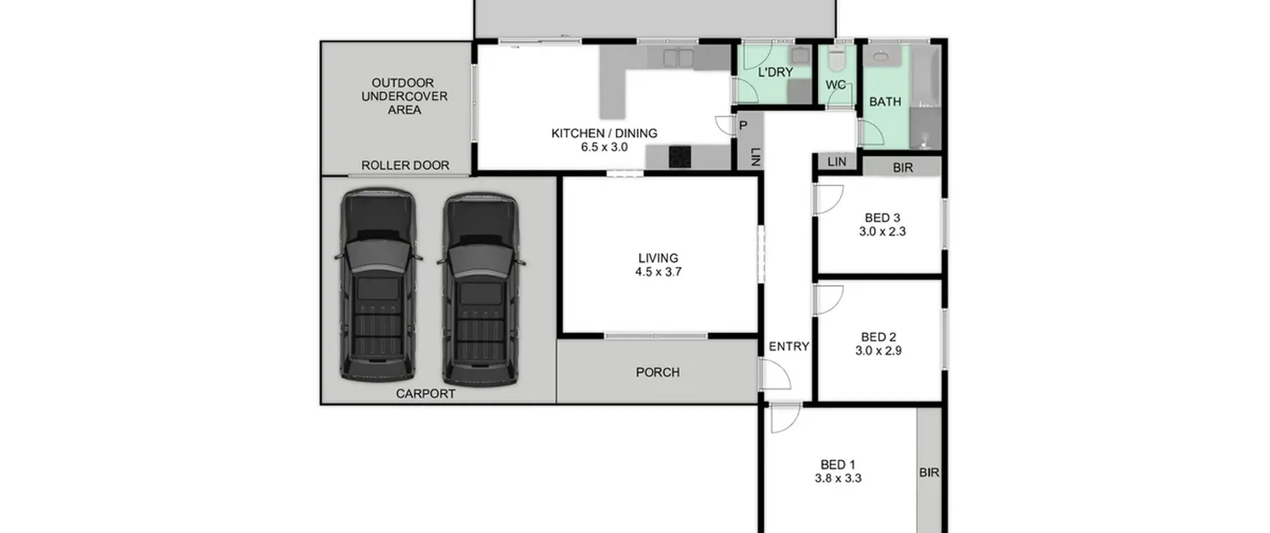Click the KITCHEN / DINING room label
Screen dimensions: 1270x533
coord(604,133)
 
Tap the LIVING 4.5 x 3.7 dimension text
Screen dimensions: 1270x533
coord(658,272)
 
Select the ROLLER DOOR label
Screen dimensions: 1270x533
coord(405,166)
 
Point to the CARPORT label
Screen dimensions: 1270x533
coord(426,394)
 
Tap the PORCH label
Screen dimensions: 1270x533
coord(658,372)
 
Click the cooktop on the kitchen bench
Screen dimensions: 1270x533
coord(680,157)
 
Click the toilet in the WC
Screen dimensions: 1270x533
coord(836,59)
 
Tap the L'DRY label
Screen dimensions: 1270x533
coord(775,72)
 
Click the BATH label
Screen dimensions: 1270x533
coord(885,102)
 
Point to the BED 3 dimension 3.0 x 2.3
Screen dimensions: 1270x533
coord(883,232)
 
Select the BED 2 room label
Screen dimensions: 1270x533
coord(879,337)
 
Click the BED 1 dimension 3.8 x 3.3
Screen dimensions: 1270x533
coord(838,478)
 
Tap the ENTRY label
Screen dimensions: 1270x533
coord(789,347)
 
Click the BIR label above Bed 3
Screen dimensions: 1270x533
coord(903,168)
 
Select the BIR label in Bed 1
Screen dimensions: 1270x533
coord(929,473)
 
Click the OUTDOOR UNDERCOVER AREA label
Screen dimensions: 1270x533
coord(404,96)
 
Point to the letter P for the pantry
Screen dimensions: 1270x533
coord(743,125)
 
